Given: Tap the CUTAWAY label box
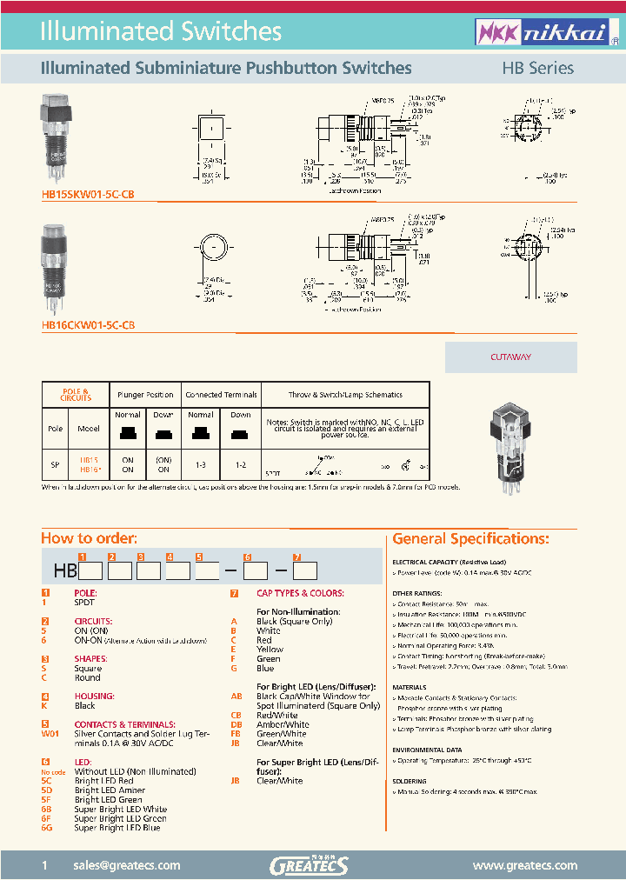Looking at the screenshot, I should pos(510,357).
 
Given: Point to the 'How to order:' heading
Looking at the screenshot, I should pos(90,538).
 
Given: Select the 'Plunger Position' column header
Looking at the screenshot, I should pos(147,395).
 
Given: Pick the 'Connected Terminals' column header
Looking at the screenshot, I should pos(221,395).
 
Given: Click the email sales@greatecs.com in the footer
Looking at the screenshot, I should pos(127,865).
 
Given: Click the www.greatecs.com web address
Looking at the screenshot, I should pos(524,865).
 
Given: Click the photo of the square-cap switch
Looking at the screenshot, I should pos(54,139).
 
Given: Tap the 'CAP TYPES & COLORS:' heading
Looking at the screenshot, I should pos(299,593).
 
